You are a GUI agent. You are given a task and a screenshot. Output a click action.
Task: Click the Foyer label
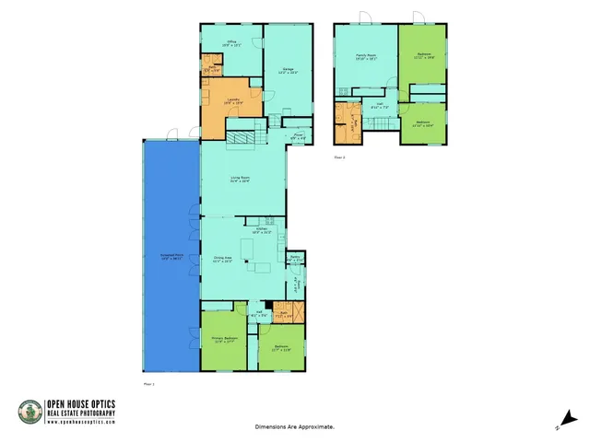pyautogui.click(x=299, y=137)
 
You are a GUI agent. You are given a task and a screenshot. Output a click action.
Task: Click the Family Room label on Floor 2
pyautogui.click(x=366, y=56)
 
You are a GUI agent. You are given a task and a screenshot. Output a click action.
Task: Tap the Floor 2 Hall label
pyautogui.click(x=379, y=105)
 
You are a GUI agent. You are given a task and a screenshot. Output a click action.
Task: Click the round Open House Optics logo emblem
pyautogui.click(x=29, y=412)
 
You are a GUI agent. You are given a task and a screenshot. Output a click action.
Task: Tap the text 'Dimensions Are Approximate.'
pyautogui.click(x=295, y=427)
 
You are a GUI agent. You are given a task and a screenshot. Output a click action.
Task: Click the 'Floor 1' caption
pyautogui.click(x=149, y=382)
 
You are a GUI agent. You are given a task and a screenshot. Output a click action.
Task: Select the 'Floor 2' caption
pyautogui.click(x=339, y=157)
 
